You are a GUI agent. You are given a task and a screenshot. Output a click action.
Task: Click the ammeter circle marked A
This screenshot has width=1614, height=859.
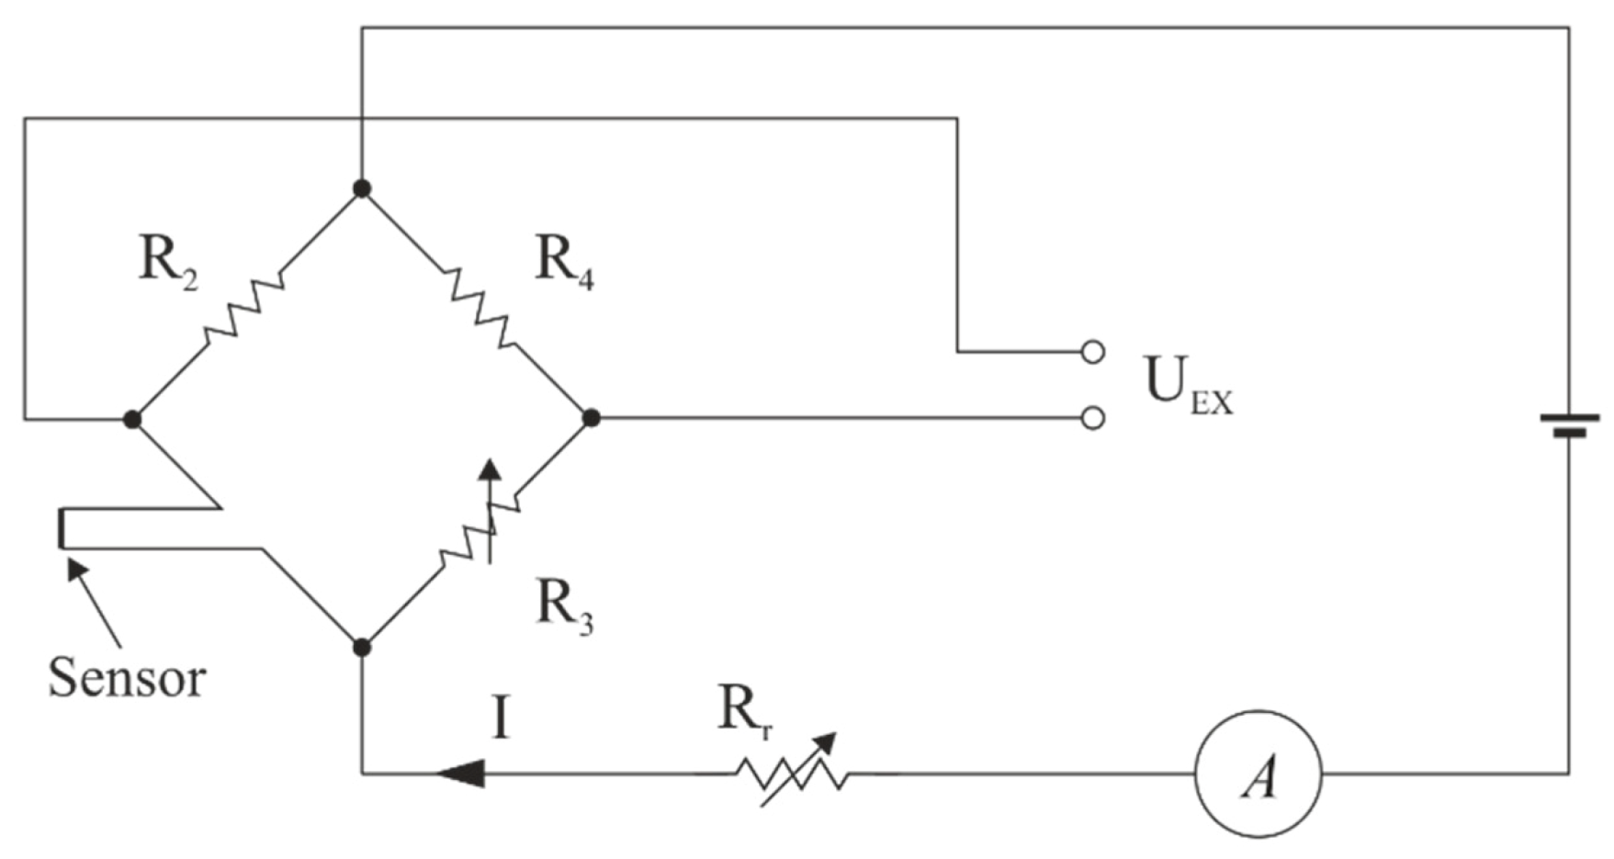(1258, 774)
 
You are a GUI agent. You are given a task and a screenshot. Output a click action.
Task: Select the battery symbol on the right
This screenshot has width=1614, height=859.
(1569, 424)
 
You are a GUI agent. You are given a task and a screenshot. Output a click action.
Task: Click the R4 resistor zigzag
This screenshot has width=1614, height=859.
(479, 309)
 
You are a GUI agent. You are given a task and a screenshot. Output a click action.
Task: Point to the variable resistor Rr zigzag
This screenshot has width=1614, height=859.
(792, 774)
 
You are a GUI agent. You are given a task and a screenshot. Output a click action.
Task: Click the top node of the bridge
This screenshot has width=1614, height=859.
(362, 188)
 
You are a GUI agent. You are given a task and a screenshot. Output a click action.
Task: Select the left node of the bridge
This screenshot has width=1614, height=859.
(132, 420)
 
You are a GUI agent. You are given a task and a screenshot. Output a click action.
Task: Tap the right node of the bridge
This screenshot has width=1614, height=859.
(592, 418)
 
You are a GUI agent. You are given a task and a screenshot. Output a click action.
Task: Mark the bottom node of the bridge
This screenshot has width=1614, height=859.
(362, 648)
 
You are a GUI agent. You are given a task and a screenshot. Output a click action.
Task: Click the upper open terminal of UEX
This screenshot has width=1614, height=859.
(1091, 352)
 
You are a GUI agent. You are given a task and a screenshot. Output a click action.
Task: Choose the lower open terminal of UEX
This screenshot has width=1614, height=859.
(1091, 418)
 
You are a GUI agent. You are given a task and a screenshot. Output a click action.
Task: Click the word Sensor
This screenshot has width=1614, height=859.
(127, 678)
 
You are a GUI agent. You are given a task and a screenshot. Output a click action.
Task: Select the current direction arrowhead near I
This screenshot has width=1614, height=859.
(461, 774)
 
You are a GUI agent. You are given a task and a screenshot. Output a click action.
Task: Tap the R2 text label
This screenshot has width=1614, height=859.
(168, 262)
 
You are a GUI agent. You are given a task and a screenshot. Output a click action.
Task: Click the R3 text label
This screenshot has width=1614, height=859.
(563, 607)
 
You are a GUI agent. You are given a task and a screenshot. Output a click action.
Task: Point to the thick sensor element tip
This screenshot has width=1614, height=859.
(62, 529)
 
